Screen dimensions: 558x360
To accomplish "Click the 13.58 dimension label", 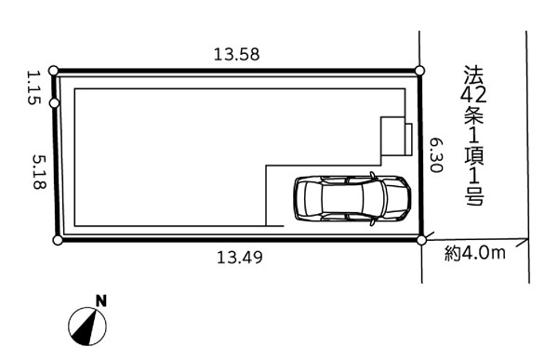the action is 236,55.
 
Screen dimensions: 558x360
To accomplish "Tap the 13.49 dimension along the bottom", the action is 240,257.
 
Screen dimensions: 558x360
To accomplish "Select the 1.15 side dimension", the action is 34,87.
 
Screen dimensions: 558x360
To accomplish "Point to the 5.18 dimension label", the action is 39,172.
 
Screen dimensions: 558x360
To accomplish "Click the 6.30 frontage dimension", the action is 436,155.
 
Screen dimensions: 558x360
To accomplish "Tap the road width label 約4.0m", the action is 474,253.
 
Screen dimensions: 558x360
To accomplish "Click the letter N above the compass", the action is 101,301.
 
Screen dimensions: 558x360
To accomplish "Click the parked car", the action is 352,199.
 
